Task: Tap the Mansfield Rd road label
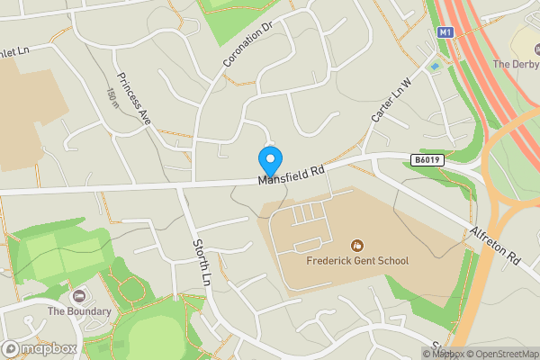(x=291, y=174)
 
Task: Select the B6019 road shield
(x=428, y=159)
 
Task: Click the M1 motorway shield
(x=445, y=32)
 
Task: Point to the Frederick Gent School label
(x=357, y=261)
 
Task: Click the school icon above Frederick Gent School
(x=357, y=245)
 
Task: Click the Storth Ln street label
(x=201, y=261)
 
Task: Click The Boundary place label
(x=79, y=311)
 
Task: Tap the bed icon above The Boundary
(x=79, y=295)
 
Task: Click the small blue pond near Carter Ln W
(x=436, y=66)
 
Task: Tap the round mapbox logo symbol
(x=12, y=348)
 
